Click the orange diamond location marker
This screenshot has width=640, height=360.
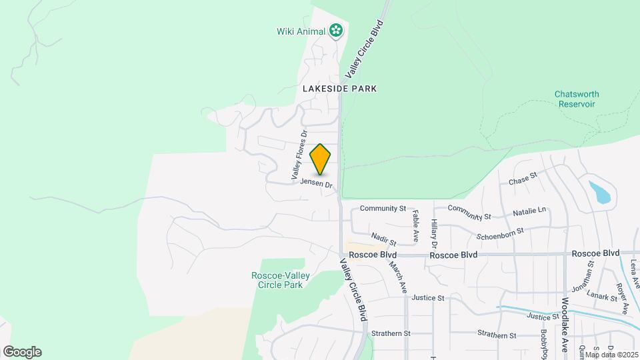pos(321,159)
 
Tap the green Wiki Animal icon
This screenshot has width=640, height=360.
pos(336,30)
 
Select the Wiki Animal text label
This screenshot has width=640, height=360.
pos(301,31)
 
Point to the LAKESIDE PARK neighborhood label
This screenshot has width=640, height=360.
pos(339,88)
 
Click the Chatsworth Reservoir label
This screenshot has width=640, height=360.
pos(575,99)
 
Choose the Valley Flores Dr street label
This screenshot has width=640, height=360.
pos(297,155)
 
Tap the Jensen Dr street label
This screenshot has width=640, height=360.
pos(316,182)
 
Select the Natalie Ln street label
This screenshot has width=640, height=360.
pos(529,213)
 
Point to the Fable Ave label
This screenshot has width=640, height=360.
pos(415,225)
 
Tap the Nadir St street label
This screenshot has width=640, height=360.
pos(383,238)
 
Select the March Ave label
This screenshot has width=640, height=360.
pos(398,276)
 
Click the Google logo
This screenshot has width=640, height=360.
pos(22,351)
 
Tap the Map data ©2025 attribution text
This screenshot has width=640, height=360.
pos(611,355)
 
